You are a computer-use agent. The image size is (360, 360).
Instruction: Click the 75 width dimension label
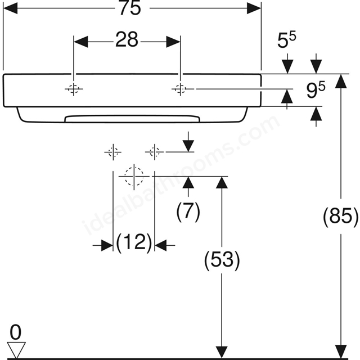(x=130, y=8)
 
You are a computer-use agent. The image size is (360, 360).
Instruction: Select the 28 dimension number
(x=127, y=39)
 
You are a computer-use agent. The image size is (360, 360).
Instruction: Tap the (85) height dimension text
(x=341, y=216)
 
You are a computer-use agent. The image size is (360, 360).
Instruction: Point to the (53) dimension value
(x=222, y=259)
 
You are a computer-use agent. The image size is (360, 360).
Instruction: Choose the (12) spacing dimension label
(x=134, y=242)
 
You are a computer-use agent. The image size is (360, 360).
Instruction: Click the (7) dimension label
(x=188, y=211)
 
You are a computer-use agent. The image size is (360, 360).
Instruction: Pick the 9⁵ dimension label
(x=316, y=91)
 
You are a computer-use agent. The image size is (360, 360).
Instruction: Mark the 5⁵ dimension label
(x=287, y=40)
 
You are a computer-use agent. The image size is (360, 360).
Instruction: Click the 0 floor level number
(x=16, y=332)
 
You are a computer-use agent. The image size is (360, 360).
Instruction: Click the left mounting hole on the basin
(x=74, y=89)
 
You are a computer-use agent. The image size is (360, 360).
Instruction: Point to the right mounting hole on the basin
(x=181, y=89)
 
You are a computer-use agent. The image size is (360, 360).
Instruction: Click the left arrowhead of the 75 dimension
(x=11, y=8)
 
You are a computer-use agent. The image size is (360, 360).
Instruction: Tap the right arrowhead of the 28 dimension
(x=173, y=42)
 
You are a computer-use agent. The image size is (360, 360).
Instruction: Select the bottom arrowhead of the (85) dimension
(x=341, y=352)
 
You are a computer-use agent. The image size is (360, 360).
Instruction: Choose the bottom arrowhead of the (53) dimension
(x=222, y=352)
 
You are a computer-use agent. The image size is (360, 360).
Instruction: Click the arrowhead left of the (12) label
(x=107, y=245)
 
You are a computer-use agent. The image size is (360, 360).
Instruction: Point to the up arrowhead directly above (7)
(x=188, y=183)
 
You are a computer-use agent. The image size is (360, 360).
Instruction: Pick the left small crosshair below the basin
(x=113, y=152)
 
